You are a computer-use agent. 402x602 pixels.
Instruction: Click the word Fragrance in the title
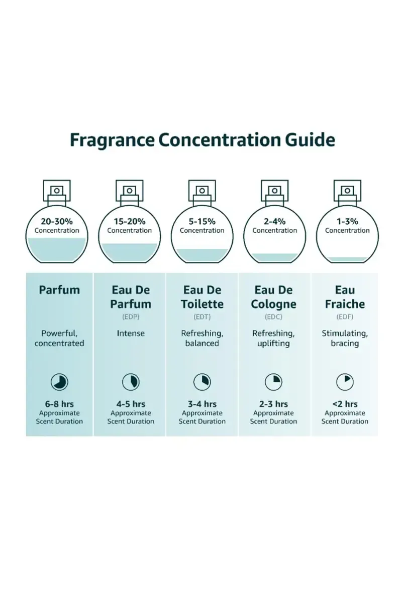pyautogui.click(x=112, y=139)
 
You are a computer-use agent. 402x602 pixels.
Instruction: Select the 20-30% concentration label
pyautogui.click(x=57, y=221)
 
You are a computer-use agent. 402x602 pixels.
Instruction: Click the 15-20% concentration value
pyautogui.click(x=129, y=221)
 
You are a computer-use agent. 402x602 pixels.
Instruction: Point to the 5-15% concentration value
pyautogui.click(x=202, y=221)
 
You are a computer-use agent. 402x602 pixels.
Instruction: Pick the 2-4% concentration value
pyautogui.click(x=274, y=221)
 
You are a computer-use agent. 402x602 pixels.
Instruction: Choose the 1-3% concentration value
pyautogui.click(x=347, y=221)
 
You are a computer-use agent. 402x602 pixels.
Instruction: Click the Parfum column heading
pyautogui.click(x=59, y=290)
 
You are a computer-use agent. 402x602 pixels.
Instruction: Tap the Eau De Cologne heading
pyautogui.click(x=275, y=297)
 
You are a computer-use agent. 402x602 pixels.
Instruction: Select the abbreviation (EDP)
pyautogui.click(x=131, y=317)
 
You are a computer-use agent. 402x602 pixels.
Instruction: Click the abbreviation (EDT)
pyautogui.click(x=202, y=317)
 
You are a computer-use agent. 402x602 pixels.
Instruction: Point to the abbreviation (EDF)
pyautogui.click(x=345, y=317)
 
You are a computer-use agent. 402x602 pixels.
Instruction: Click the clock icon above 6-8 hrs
pyautogui.click(x=59, y=383)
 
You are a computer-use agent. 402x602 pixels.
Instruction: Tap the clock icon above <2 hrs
pyautogui.click(x=345, y=383)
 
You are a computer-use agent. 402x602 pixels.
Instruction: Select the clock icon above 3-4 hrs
pyautogui.click(x=202, y=383)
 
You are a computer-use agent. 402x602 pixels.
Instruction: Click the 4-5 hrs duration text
pyautogui.click(x=131, y=404)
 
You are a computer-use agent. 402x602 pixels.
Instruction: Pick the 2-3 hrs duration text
pyautogui.click(x=273, y=404)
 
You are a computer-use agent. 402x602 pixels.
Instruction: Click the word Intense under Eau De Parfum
pyautogui.click(x=131, y=333)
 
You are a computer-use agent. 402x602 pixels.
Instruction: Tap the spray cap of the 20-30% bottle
pyautogui.click(x=57, y=191)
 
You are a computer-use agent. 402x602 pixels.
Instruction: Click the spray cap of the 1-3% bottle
pyautogui.click(x=347, y=191)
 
